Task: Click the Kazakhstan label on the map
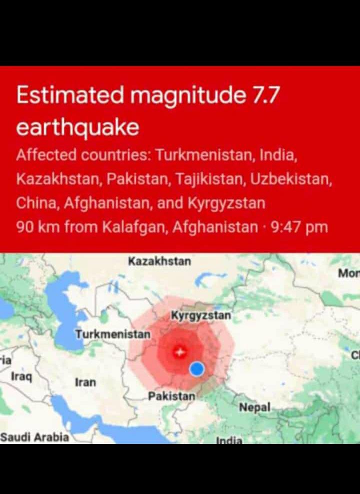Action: (x=159, y=261)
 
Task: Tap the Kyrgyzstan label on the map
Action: (x=201, y=315)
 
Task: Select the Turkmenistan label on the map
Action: (x=113, y=333)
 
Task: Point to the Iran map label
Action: (x=85, y=382)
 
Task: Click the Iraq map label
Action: (x=21, y=376)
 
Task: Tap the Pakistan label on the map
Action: (x=172, y=396)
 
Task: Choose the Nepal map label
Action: (x=254, y=407)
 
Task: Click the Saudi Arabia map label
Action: (x=34, y=437)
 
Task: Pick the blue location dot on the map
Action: (x=197, y=369)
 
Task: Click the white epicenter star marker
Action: (x=178, y=352)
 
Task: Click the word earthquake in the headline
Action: (x=77, y=127)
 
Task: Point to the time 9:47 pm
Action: (x=299, y=227)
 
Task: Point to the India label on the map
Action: (x=229, y=440)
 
